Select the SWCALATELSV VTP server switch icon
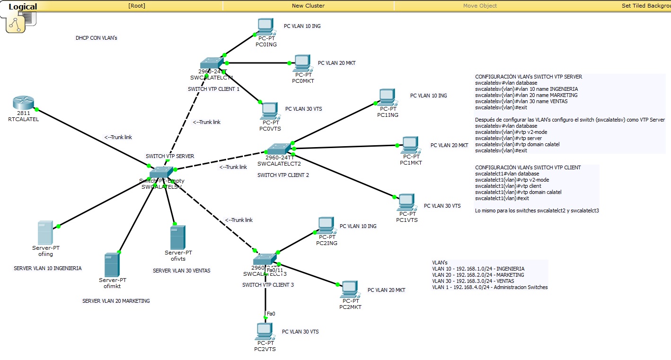161,172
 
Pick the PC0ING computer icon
265,26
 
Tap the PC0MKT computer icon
302,63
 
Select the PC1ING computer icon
387,97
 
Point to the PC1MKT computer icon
410,145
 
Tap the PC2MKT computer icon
350,289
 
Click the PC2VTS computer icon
265,331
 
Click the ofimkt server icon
112,265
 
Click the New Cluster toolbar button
308,6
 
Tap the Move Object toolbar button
480,6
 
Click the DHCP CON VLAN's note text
96,38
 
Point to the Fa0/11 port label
274,270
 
